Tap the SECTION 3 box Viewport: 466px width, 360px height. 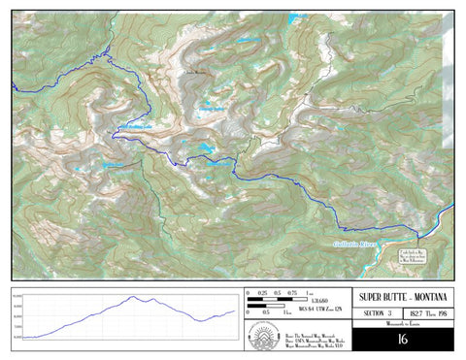point(377,313)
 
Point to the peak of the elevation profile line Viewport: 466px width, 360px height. point(135,297)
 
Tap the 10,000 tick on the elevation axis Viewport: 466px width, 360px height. point(17,301)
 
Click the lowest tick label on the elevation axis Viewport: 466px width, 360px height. point(17,337)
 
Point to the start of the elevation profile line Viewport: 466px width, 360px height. point(24,337)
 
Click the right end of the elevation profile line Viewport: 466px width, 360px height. point(236,311)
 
